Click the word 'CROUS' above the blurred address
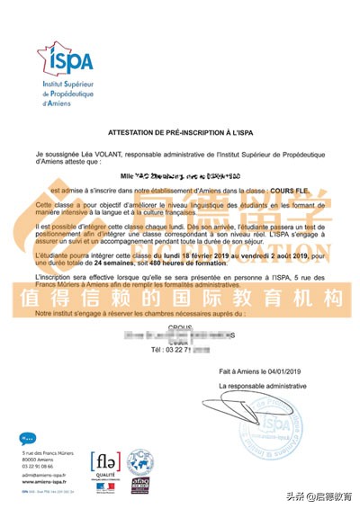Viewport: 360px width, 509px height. point(181,330)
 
